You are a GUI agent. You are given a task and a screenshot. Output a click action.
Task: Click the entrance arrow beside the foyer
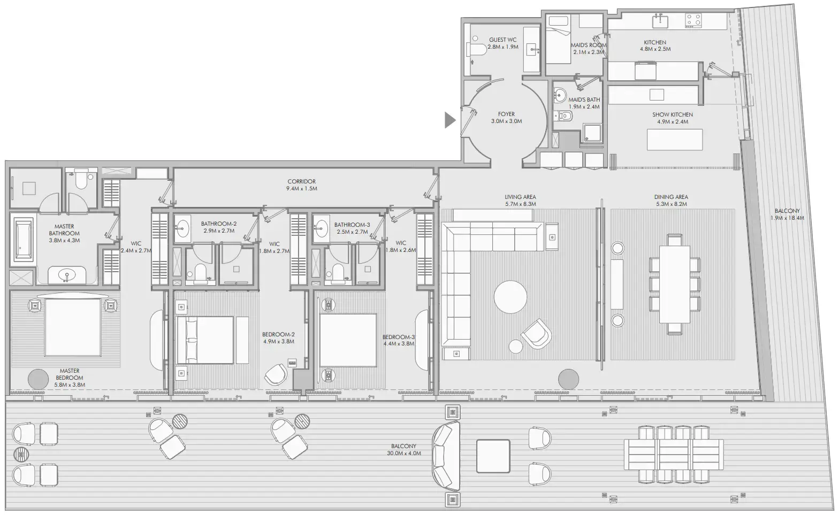449,121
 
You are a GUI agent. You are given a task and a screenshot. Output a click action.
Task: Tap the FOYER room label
506,114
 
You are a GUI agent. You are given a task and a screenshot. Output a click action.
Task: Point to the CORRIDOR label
301,182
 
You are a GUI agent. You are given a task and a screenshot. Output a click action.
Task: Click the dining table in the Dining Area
674,283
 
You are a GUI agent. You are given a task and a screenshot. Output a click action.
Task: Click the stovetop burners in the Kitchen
693,21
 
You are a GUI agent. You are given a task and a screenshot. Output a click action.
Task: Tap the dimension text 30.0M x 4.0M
403,453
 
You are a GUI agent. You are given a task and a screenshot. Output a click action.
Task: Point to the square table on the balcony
493,456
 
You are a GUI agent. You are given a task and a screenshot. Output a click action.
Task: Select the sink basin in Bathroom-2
182,228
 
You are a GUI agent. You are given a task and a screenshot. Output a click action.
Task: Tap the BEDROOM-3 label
398,337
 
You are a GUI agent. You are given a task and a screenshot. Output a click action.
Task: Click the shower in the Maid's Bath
592,134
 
